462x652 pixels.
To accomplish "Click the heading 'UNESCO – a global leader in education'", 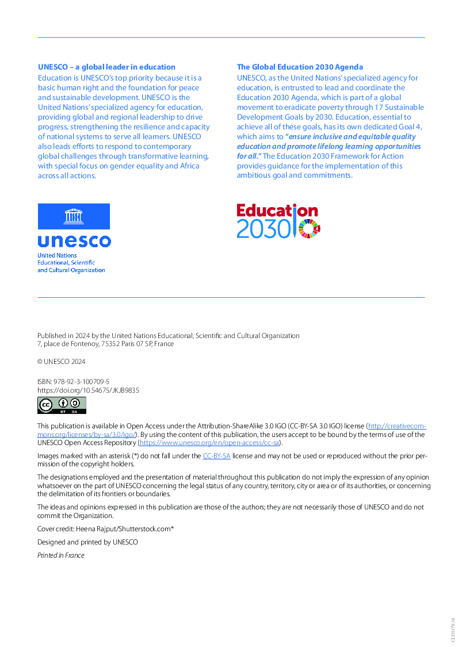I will pyautogui.click(x=106, y=67).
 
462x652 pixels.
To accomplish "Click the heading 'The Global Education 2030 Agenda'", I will pyautogui.click(x=300, y=67).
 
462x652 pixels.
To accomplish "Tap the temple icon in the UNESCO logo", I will pyautogui.click(x=74, y=216).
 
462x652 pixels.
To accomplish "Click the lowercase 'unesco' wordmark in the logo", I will pyautogui.click(x=74, y=240).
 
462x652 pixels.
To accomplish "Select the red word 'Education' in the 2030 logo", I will pyautogui.click(x=276, y=211).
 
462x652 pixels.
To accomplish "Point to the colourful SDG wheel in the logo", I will pyautogui.click(x=310, y=229).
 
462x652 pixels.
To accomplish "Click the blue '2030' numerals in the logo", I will pyautogui.click(x=262, y=229).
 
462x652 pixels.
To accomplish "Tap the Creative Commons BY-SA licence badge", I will pyautogui.click(x=62, y=405).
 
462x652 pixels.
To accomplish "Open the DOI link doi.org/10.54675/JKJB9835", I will pyautogui.click(x=88, y=390).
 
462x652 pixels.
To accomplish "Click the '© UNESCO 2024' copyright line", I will pyautogui.click(x=61, y=362).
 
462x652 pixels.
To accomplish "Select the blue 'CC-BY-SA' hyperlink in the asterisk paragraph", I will pyautogui.click(x=216, y=456).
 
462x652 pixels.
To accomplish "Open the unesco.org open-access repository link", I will pyautogui.click(x=209, y=443).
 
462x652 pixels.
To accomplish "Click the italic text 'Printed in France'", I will pyautogui.click(x=60, y=555).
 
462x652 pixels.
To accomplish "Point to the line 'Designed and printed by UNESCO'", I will pyautogui.click(x=87, y=542).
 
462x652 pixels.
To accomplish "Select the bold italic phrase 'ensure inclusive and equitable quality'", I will pyautogui.click(x=352, y=137).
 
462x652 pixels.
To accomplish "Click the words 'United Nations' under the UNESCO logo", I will pyautogui.click(x=57, y=255).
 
